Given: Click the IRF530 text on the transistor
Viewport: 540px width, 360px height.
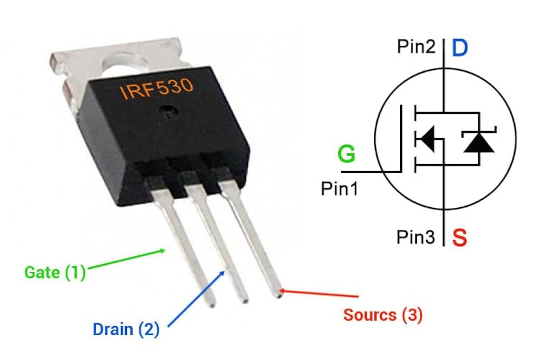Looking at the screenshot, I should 156,88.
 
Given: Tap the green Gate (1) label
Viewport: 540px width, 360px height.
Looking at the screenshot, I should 55,272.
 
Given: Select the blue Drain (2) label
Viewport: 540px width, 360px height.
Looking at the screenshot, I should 126,329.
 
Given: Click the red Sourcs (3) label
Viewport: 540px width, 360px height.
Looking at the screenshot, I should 383,315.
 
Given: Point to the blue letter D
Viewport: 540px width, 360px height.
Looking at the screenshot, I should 460,49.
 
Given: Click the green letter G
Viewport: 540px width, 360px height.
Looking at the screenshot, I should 346,155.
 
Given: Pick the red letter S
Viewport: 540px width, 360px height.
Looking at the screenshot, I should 460,238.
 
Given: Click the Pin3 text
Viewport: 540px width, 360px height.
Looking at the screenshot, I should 416,237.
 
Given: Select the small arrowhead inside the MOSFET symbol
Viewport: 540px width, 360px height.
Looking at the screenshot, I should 427,139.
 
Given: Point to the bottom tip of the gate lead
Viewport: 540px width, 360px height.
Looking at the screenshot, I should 212,304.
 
